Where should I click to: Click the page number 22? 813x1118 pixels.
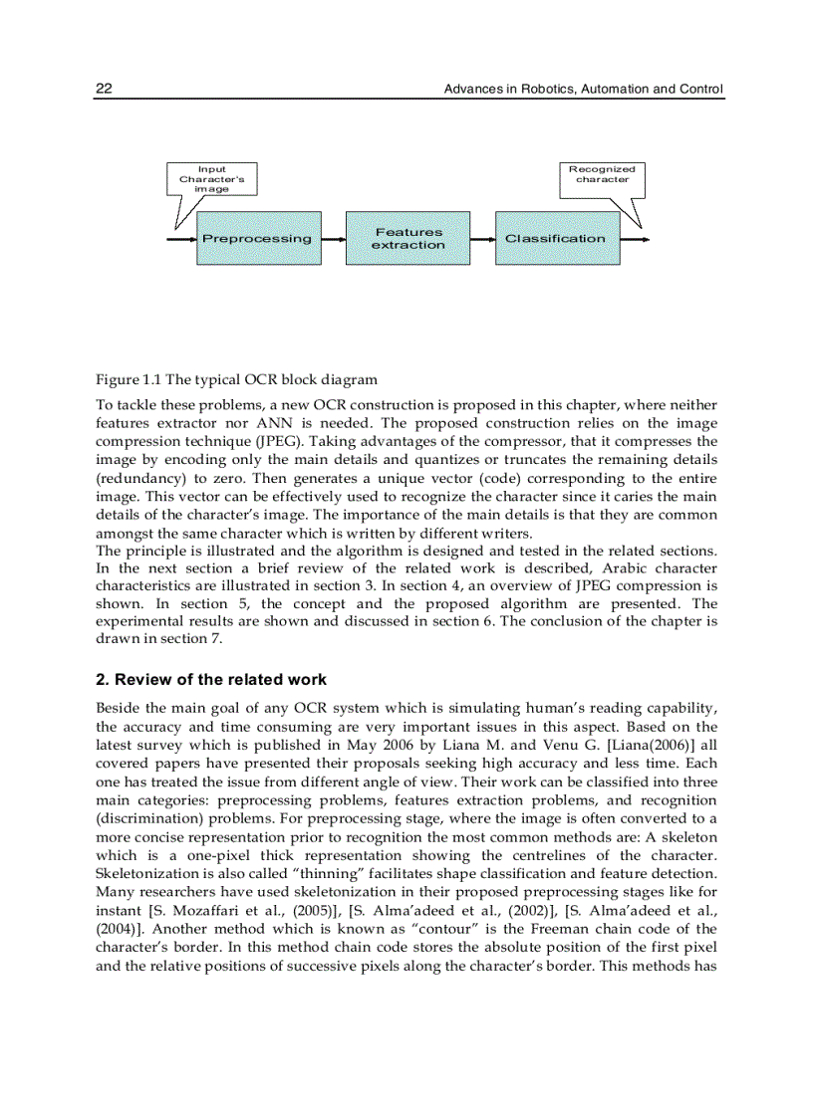tap(103, 90)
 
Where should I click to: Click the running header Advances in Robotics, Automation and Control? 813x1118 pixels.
tap(583, 90)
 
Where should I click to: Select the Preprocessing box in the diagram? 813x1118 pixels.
tap(258, 238)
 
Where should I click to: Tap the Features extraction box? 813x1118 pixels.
tap(407, 238)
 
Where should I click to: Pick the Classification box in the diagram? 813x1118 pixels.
tap(556, 238)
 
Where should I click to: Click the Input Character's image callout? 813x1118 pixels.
tap(211, 179)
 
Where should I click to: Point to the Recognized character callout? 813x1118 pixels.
tap(602, 174)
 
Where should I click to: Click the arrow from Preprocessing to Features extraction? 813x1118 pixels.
tap(334, 239)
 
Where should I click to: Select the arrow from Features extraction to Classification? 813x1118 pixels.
tap(483, 239)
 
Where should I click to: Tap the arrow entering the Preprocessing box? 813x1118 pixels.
tap(180, 239)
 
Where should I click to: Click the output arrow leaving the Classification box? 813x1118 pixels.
tap(636, 239)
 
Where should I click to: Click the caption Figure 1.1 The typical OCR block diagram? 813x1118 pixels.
tap(236, 379)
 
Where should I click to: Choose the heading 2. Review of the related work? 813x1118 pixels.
tap(210, 680)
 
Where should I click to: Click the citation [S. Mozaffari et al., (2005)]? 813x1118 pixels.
tap(240, 910)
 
